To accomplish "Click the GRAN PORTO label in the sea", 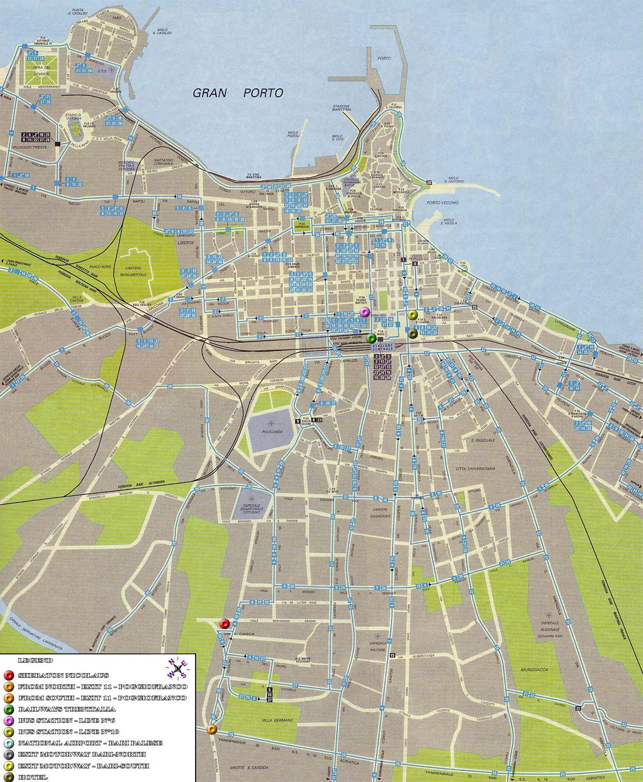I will click(x=238, y=93).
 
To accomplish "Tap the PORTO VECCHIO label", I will click(x=442, y=203).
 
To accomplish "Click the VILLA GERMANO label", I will click(x=277, y=720).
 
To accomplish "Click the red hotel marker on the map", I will click(x=225, y=623).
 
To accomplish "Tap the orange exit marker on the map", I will click(x=212, y=729).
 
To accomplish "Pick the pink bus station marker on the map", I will click(x=364, y=312).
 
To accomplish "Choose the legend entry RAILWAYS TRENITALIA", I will click(x=67, y=709).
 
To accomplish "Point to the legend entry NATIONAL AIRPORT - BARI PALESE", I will click(x=90, y=743).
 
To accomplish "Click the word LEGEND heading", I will click(x=36, y=660).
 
